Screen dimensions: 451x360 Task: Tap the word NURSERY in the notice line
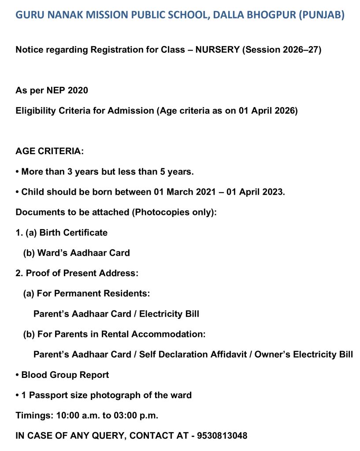click(x=217, y=50)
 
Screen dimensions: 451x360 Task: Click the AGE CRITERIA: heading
click(x=49, y=151)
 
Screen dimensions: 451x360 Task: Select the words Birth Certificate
click(x=74, y=233)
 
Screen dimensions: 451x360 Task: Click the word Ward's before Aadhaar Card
click(x=51, y=253)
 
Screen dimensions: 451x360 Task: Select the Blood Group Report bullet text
click(x=65, y=375)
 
